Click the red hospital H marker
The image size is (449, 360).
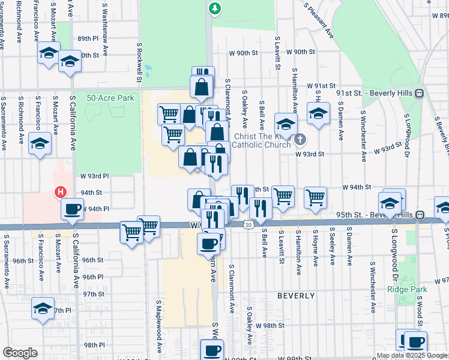pyautogui.click(x=59, y=193)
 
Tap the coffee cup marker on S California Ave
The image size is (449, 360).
pyautogui.click(x=73, y=209)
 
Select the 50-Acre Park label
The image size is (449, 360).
pyautogui.click(x=110, y=98)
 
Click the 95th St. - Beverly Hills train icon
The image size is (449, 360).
pyautogui.click(x=421, y=214)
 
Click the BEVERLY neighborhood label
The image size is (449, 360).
pyautogui.click(x=296, y=296)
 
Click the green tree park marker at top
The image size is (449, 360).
pyautogui.click(x=214, y=8)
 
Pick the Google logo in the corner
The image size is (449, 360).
pyautogui.click(x=20, y=353)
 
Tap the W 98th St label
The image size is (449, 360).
pyautogui.click(x=269, y=325)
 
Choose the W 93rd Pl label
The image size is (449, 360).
pyautogui.click(x=95, y=176)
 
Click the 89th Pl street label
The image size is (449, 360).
pyautogui.click(x=87, y=38)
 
